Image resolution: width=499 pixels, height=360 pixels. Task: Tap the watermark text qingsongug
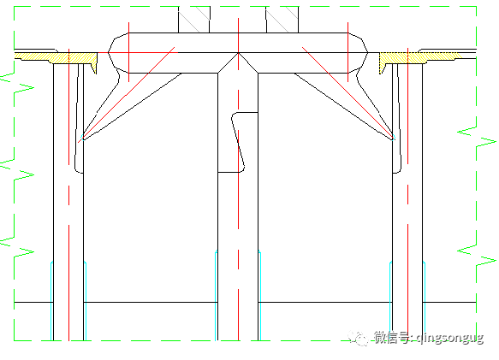pyautogui.click(x=449, y=339)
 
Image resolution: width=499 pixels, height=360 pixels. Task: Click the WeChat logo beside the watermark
pyautogui.click(x=360, y=338)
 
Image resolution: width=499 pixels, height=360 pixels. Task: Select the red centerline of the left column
pyautogui.click(x=68, y=214)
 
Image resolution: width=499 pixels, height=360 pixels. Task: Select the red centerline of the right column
pyautogui.click(x=407, y=214)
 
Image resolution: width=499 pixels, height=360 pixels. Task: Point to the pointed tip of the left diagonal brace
pyautogui.click(x=81, y=138)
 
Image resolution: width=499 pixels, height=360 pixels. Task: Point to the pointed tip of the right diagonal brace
pyautogui.click(x=393, y=138)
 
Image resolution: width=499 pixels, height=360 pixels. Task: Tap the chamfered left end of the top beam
pyautogui.click(x=113, y=53)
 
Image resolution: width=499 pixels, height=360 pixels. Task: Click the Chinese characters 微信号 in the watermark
pyautogui.click(x=392, y=339)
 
